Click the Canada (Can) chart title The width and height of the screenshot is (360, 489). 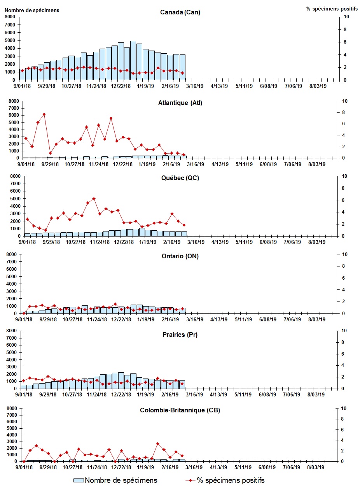pyautogui.click(x=180, y=12)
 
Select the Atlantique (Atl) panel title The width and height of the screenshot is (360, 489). pyautogui.click(x=180, y=103)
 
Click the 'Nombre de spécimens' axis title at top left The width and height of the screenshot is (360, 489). pyautogui.click(x=32, y=10)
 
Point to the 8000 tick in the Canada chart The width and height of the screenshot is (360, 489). pyautogui.click(x=10, y=17)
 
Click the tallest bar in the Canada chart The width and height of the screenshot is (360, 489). pyautogui.click(x=133, y=60)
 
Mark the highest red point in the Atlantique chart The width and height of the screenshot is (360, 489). pyautogui.click(x=44, y=114)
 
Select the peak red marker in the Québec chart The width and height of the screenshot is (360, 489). pyautogui.click(x=94, y=198)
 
